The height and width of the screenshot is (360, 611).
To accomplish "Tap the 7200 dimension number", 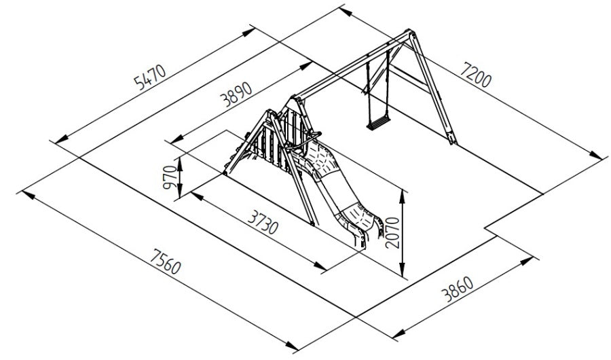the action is (475, 74).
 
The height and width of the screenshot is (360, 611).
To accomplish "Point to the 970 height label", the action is (170, 177).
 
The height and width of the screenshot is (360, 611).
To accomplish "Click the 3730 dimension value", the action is (263, 221).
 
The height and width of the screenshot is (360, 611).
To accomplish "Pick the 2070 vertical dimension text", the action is (392, 232).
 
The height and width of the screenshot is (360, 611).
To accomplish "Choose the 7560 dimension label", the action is (166, 262).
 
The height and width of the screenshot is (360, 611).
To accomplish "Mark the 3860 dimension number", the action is (457, 289).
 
